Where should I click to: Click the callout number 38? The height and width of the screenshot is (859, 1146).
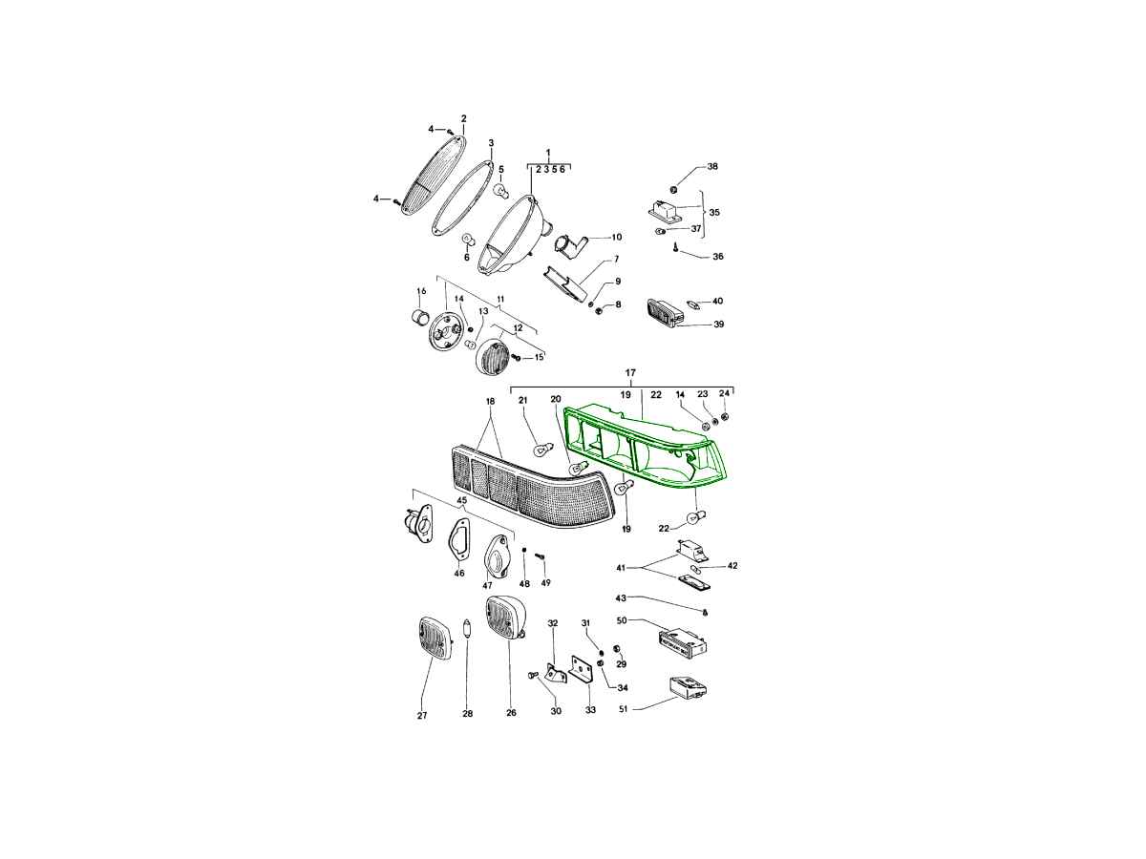coord(712,166)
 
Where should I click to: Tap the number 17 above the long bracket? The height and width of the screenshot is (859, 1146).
coord(630,373)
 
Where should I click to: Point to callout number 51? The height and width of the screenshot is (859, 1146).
coord(623,709)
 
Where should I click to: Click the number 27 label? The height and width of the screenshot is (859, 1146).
coord(422,716)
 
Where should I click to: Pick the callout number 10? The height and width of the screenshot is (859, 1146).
coord(617,238)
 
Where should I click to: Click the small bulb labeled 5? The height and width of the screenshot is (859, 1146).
coord(501,192)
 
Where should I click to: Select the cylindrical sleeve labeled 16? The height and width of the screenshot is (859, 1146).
coord(420,316)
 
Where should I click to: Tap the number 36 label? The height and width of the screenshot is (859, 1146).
coord(718,257)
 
